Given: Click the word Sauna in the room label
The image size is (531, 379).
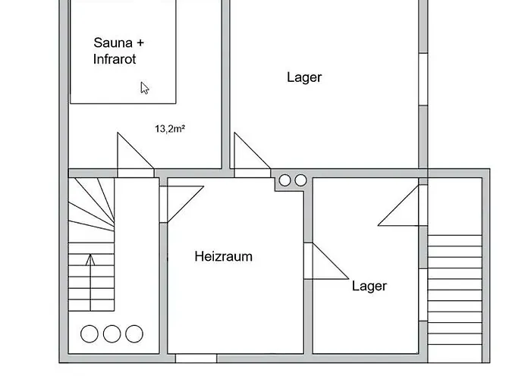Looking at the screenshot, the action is coord(113,43).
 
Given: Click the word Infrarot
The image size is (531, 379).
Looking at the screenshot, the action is coord(115,59).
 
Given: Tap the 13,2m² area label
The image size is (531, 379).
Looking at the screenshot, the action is coord(170,129).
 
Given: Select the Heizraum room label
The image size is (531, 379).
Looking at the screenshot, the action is coord(224,256).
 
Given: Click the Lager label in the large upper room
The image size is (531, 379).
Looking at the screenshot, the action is coord(304,77).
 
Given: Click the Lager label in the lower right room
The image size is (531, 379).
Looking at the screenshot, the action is coord(369,287).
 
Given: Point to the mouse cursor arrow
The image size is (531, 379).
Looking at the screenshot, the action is coord(144,88).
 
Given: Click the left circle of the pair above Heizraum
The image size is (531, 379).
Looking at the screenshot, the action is coord(284,180).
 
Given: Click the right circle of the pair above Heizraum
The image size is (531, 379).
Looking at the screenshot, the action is coord(300,180).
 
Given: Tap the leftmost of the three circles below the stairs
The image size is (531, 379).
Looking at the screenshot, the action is coord(90,334).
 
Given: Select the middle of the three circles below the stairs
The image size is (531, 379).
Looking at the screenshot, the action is coord(112,334).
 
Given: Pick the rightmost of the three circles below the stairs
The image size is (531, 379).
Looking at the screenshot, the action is coord(134,334).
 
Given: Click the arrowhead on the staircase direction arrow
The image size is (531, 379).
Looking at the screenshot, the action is coord(90,259).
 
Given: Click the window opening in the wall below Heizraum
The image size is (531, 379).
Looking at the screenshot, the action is coord(196,359).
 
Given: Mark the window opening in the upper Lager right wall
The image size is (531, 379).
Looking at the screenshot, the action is coord(423,79).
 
